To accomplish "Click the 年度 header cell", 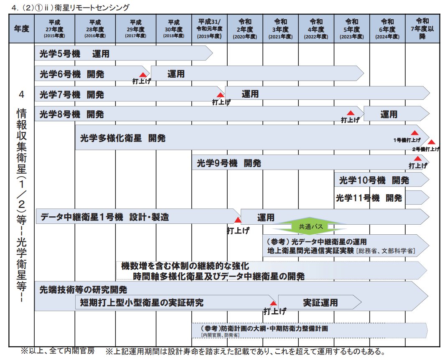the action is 22,28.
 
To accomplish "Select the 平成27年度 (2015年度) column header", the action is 54,28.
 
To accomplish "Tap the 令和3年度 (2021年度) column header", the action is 280,28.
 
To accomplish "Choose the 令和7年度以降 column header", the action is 422,28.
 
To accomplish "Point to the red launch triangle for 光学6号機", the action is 143,74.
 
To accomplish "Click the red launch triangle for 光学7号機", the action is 220,95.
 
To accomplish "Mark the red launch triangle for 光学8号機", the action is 351,113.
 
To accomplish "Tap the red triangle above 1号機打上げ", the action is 414,133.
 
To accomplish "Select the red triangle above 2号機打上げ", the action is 431,142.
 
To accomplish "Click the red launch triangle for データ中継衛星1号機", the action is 237,220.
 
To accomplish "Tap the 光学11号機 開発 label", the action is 369,198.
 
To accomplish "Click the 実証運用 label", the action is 320,303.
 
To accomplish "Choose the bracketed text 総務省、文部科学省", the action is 385,251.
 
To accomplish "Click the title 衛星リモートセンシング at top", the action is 92,8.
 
